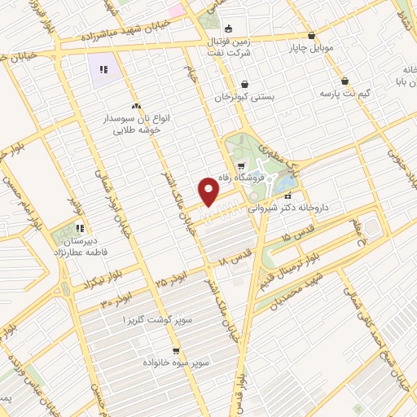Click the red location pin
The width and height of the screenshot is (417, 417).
click(209, 192)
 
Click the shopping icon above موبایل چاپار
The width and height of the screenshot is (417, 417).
click(311, 35)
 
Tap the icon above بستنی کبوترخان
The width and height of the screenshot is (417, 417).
click(245, 84)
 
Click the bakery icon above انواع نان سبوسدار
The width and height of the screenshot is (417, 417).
click(137, 106)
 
